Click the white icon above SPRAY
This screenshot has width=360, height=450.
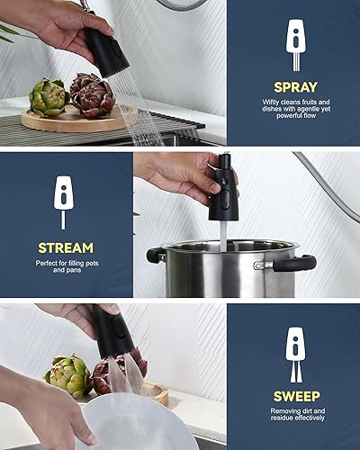(293, 40)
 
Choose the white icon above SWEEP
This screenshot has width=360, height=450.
(293, 346)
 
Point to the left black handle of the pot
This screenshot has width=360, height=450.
(155, 256)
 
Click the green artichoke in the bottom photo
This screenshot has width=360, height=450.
(67, 375)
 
